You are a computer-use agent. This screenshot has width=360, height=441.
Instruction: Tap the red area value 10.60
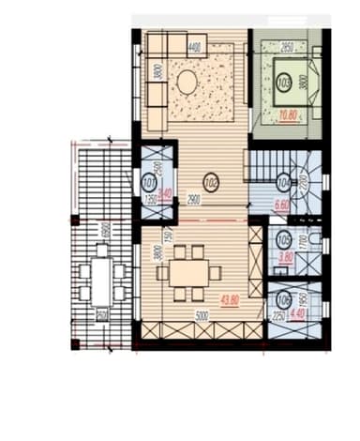290,115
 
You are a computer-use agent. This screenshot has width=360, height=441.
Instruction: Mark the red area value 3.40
166,195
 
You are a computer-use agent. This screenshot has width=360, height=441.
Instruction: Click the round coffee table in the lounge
187,83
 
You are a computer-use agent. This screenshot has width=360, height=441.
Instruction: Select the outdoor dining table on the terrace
101,281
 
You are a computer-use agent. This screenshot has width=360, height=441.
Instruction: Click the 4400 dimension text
195,46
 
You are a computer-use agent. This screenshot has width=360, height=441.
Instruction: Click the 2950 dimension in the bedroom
288,45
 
